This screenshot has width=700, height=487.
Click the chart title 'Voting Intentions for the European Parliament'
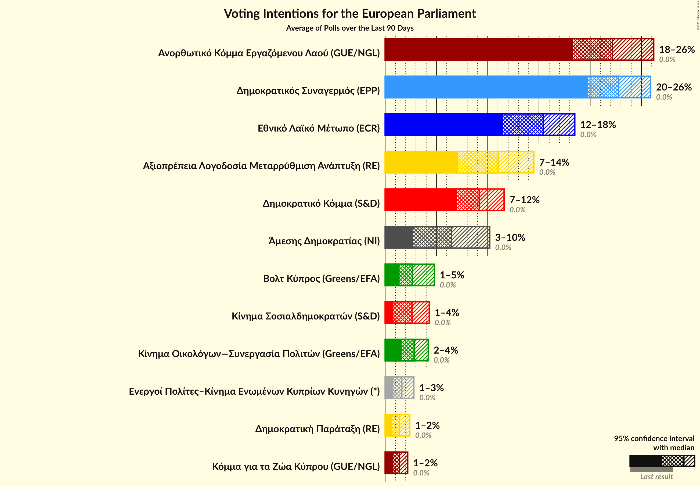click(x=350, y=14)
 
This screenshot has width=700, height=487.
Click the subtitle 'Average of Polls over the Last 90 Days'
click(x=350, y=28)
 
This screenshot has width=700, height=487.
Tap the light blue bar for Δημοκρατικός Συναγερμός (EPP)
click(x=486, y=87)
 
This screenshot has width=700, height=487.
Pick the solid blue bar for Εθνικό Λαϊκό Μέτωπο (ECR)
click(x=443, y=125)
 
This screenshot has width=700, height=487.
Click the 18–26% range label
click(x=677, y=49)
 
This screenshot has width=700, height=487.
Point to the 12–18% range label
click(x=598, y=125)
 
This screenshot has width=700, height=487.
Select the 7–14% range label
click(x=554, y=162)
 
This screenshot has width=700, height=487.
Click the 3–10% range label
click(x=510, y=237)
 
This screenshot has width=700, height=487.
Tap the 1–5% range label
click(x=452, y=275)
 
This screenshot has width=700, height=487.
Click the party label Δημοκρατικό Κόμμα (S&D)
click(x=321, y=203)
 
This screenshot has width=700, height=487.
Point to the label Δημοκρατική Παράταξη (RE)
click(x=317, y=429)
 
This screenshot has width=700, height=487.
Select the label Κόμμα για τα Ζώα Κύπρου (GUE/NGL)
click(x=296, y=466)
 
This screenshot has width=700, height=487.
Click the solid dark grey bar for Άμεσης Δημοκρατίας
click(x=398, y=237)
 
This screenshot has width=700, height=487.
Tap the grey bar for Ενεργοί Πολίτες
click(x=389, y=388)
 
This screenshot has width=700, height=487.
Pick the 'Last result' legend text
click(x=656, y=477)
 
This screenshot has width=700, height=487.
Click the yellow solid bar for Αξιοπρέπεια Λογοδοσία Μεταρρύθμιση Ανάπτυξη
click(x=421, y=162)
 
